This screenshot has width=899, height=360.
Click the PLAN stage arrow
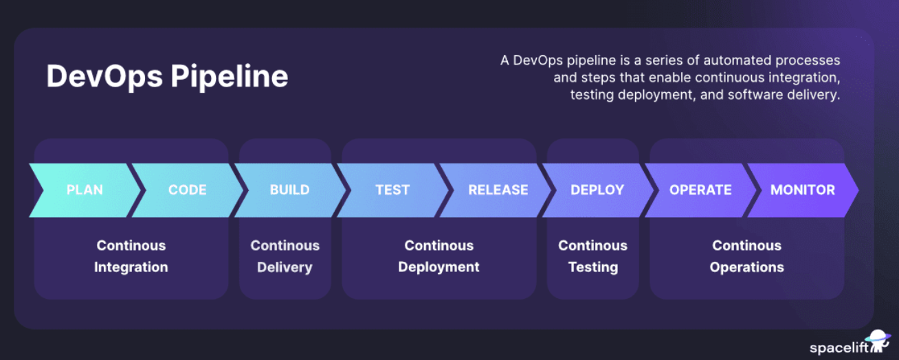pos(85,190)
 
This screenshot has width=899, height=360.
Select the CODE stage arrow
pos(187,190)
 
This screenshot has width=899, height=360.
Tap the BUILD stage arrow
pos(289,190)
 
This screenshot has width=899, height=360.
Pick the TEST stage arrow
pos(392,190)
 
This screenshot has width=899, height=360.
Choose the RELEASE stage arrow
pos(498,190)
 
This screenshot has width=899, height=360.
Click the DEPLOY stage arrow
pos(597,190)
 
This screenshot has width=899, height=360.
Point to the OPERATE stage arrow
pos(700,190)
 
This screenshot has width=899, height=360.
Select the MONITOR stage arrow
pos(803,190)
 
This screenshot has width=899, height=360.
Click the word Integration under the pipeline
pos(131,267)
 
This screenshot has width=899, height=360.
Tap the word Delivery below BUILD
pos(285,267)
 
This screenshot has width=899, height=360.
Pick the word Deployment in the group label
pos(439,267)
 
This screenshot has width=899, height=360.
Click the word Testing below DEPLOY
pos(592,267)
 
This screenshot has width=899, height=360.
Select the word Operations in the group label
pos(746,267)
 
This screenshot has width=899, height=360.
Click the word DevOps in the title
pos(104,76)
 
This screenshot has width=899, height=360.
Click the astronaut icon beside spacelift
pos(877,342)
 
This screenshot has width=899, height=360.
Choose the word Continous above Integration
pos(131,245)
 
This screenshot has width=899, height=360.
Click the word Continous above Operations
pos(746,245)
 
